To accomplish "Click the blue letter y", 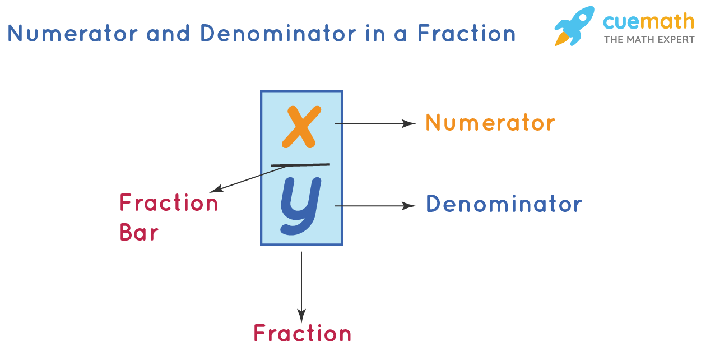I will click(x=300, y=205).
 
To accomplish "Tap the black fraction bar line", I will click(x=301, y=165).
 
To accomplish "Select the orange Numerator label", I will click(x=490, y=123).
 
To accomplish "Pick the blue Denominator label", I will click(x=504, y=204).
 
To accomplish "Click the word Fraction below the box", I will click(x=303, y=334).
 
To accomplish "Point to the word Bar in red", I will click(x=139, y=232).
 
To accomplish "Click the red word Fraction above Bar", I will click(x=169, y=203).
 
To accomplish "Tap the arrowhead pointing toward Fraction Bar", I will click(x=213, y=189).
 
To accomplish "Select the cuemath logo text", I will click(x=648, y=22).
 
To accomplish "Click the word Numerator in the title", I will click(x=72, y=34).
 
